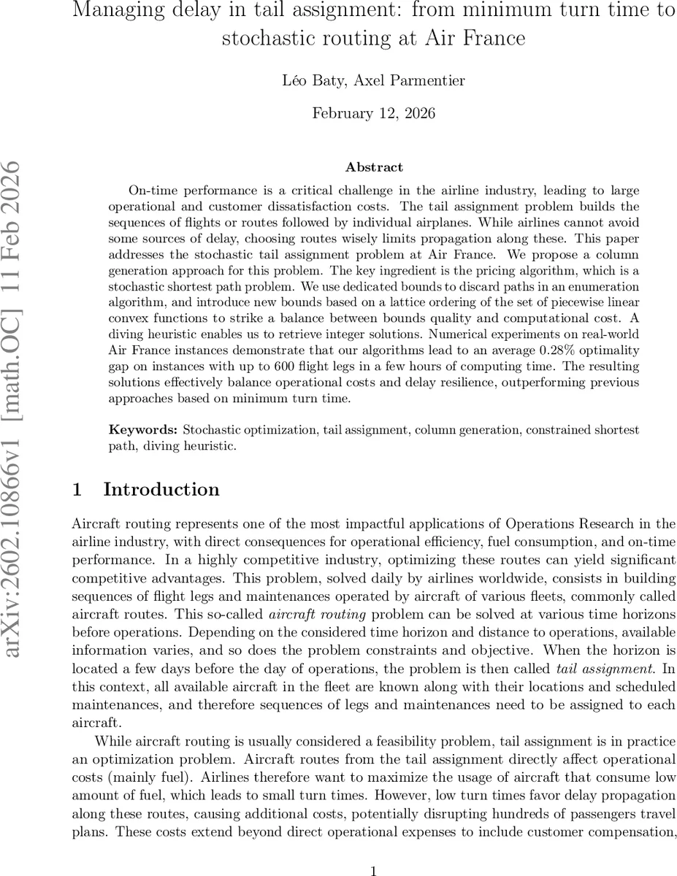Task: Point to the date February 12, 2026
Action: point(374,113)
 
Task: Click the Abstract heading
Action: point(374,168)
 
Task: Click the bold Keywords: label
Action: point(142,430)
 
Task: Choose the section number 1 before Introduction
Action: point(77,490)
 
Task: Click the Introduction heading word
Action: point(161,490)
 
